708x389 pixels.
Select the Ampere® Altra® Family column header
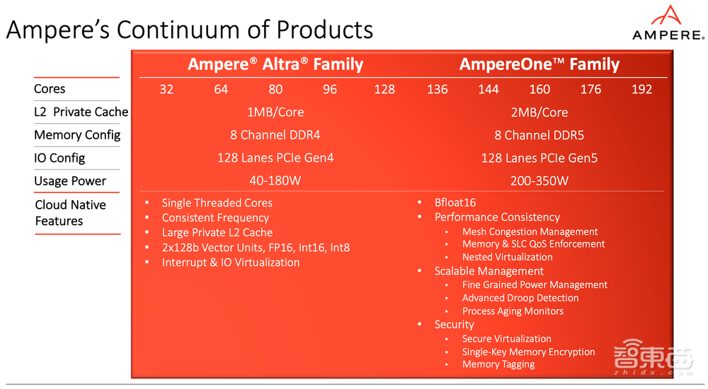pyautogui.click(x=275, y=65)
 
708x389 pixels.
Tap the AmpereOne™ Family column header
pyautogui.click(x=539, y=65)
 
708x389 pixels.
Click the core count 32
pyautogui.click(x=166, y=89)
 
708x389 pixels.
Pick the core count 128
pyautogui.click(x=384, y=89)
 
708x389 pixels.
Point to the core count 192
pyautogui.click(x=641, y=89)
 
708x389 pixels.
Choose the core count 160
pyautogui.click(x=539, y=89)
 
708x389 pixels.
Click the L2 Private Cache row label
pyautogui.click(x=81, y=112)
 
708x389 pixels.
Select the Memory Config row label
pyautogui.click(x=77, y=135)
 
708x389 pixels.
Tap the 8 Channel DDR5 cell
pyautogui.click(x=539, y=135)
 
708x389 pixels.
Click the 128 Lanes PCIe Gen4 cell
pyautogui.click(x=275, y=158)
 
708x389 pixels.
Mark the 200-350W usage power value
pyautogui.click(x=539, y=181)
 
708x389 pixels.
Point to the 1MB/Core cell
pyautogui.click(x=275, y=112)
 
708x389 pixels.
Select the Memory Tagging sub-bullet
pyautogui.click(x=498, y=365)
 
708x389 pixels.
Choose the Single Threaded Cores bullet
pyautogui.click(x=217, y=203)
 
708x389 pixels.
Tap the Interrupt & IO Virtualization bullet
pyautogui.click(x=231, y=262)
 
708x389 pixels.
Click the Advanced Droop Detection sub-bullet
pyautogui.click(x=520, y=298)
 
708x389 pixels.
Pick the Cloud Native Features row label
pyautogui.click(x=70, y=213)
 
